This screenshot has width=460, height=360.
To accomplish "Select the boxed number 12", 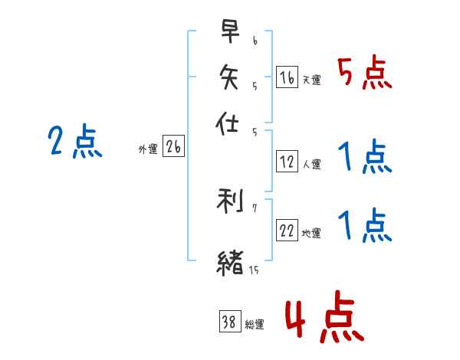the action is pos(287,162).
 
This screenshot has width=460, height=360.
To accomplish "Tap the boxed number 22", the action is pos(287,231).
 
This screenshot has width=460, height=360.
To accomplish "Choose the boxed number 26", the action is pos(172,148).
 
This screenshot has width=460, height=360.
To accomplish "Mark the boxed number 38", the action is pos(229,322).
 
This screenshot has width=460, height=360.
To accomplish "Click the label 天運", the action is pos(311,80).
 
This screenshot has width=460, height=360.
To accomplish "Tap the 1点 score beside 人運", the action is pos(364,159).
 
